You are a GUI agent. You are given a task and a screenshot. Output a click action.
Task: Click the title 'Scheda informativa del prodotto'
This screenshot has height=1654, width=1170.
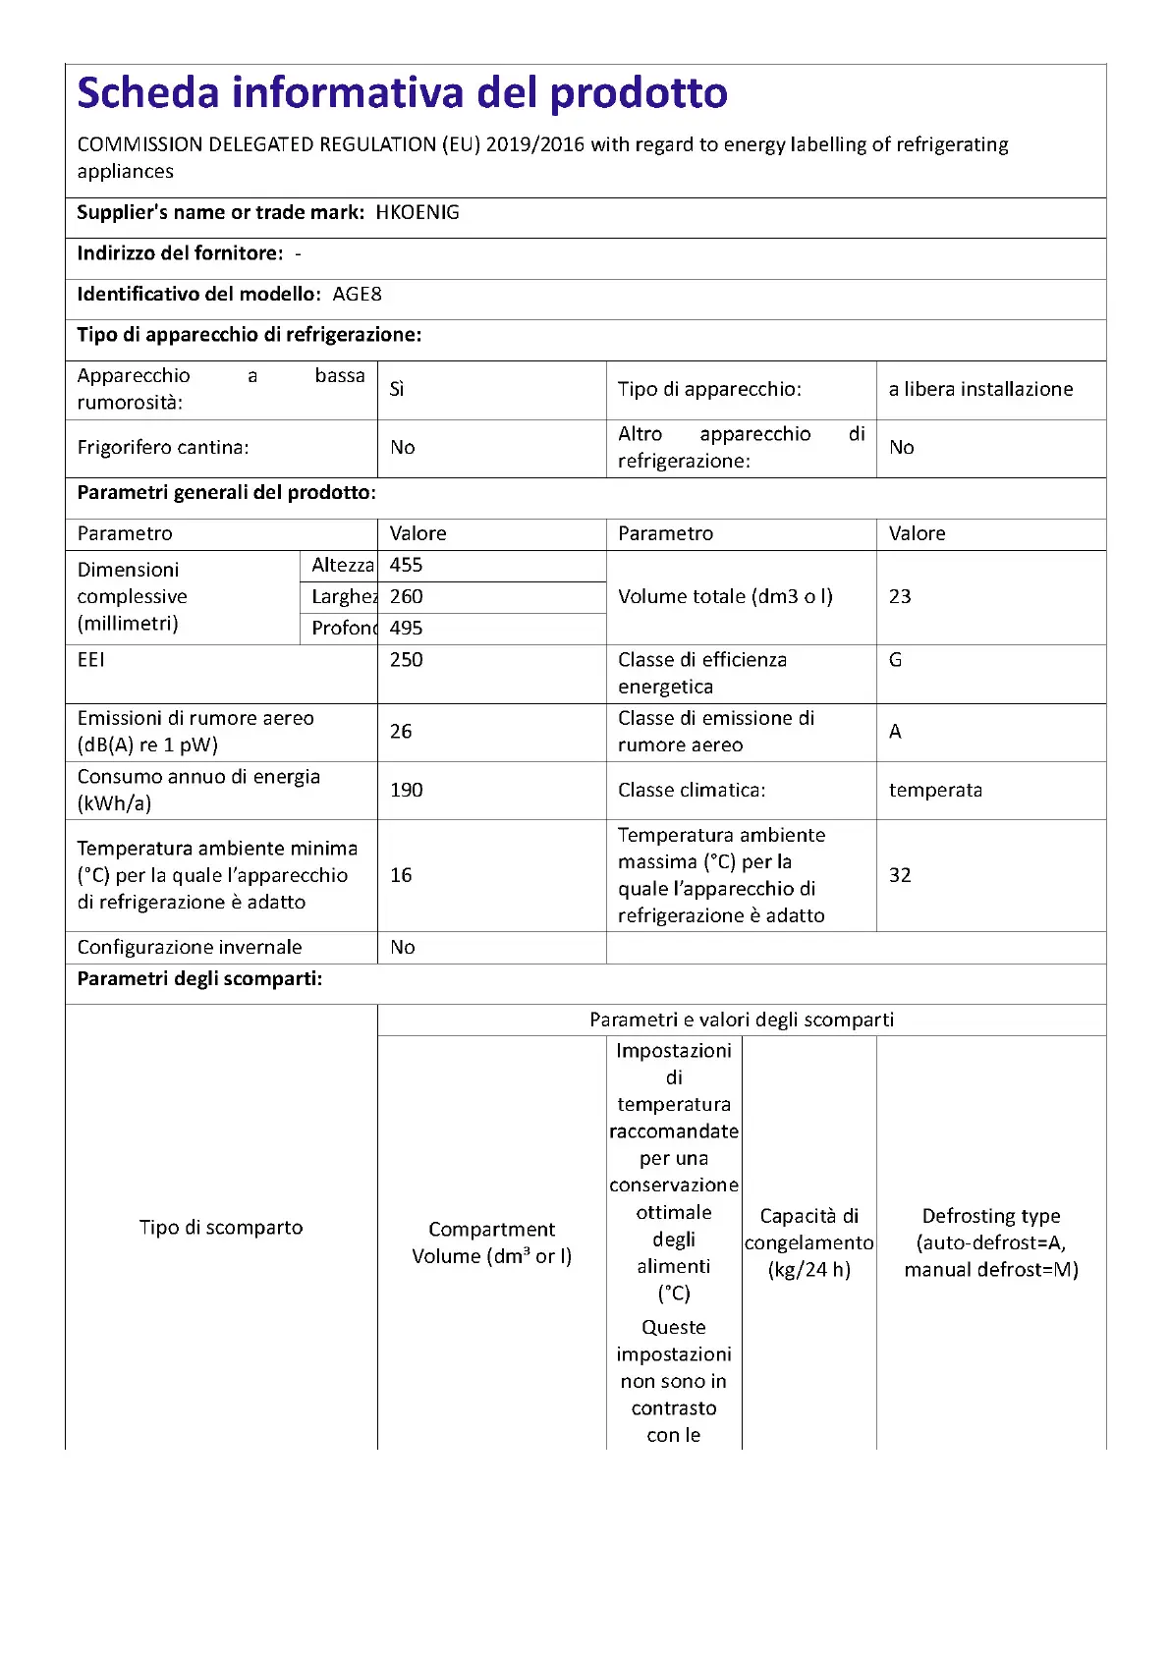click(x=402, y=93)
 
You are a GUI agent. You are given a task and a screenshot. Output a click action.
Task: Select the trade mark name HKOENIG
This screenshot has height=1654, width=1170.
click(x=418, y=212)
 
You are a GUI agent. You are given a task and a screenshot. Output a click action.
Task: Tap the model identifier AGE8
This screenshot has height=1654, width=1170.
click(x=357, y=294)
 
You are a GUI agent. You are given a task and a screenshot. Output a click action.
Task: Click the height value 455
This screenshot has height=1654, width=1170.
click(x=406, y=565)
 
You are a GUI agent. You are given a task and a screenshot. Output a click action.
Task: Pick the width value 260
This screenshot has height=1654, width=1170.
click(x=406, y=596)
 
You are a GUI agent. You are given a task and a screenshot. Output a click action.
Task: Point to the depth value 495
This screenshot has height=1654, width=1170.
click(x=406, y=628)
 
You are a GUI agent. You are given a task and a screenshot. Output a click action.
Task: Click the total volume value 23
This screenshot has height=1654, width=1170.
click(x=900, y=596)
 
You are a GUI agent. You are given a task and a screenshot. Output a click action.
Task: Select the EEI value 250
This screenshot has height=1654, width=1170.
click(x=406, y=660)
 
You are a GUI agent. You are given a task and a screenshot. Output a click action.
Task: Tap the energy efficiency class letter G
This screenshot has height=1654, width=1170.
click(x=895, y=660)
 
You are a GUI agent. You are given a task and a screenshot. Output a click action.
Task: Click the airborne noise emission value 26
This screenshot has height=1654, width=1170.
click(x=401, y=731)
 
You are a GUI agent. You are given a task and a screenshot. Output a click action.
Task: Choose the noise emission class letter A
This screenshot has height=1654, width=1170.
click(x=895, y=731)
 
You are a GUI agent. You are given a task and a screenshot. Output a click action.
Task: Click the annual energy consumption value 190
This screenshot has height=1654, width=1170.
click(x=406, y=790)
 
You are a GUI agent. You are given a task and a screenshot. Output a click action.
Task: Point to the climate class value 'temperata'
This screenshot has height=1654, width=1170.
click(x=935, y=790)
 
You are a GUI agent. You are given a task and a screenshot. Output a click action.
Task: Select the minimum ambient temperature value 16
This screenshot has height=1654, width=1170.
click(x=401, y=875)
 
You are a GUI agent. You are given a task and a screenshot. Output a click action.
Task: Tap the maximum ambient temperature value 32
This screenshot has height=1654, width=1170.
click(x=900, y=875)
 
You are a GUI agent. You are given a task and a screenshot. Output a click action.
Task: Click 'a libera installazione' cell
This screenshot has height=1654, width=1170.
click(x=980, y=389)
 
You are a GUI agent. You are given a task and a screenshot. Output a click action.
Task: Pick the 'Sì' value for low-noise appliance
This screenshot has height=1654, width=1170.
click(x=397, y=389)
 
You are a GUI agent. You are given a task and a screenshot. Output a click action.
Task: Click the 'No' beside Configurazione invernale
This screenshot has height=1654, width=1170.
click(x=402, y=947)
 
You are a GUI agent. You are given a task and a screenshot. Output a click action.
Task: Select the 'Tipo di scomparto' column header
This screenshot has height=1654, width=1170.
click(x=221, y=1227)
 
